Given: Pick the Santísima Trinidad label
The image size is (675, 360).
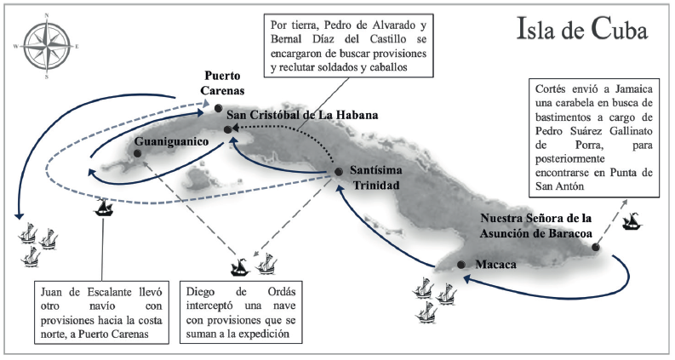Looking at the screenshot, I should click(x=375, y=177).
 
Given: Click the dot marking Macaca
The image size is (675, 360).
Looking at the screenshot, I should click(x=460, y=265).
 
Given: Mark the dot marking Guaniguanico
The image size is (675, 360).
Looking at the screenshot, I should click(x=136, y=153).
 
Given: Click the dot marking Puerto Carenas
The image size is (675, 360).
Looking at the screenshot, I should click(x=219, y=108).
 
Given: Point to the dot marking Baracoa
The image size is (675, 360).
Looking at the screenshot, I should click(x=595, y=248).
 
